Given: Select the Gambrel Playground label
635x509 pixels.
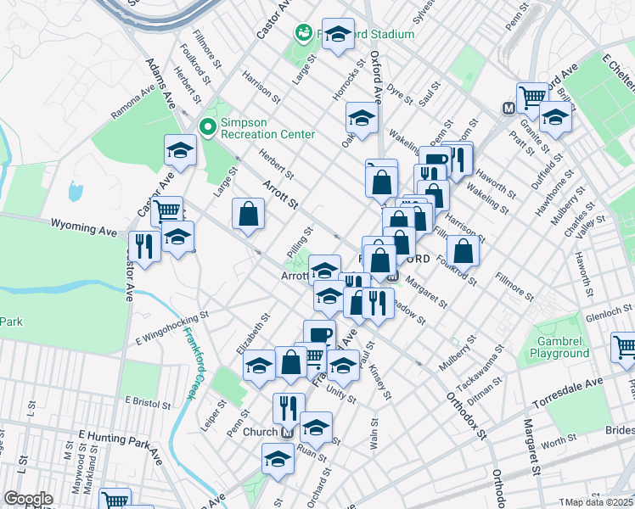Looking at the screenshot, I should coord(558,346).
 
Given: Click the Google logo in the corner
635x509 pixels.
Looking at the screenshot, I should coord(27,499).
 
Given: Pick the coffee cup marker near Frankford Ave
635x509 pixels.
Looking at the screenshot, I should coord(319,334).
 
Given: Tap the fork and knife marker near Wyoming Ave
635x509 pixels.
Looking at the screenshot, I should coord(144,247).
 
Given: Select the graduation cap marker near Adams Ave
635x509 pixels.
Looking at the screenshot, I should coord(179,150).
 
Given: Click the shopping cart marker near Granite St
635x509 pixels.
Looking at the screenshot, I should coord(532,96).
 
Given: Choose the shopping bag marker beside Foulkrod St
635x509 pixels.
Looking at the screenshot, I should coord(464,250).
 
